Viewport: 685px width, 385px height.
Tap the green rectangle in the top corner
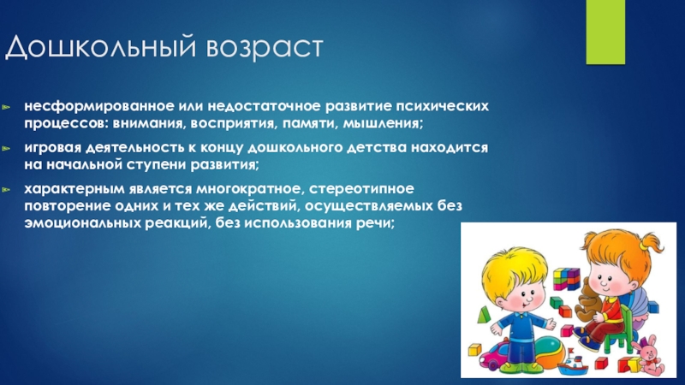605,32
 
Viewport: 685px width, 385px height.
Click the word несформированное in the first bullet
99,106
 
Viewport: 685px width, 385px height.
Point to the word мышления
383,123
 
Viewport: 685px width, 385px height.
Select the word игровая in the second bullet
52,148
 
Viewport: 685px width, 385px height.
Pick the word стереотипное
361,189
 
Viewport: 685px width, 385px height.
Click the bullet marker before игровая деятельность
6,148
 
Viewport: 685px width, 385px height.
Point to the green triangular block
484,315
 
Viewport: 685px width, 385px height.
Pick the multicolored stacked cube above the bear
566,279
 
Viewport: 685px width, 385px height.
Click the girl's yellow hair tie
645,246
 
